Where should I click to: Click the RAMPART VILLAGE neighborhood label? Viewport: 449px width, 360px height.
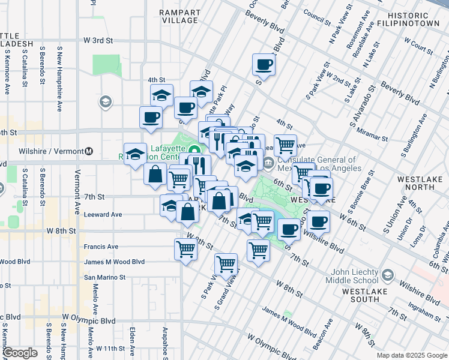180,16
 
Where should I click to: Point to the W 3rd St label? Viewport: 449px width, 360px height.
98,41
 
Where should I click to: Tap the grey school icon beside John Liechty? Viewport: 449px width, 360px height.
387,275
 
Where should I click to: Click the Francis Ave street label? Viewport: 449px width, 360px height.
101,247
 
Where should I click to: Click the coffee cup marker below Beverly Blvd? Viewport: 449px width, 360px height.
264,64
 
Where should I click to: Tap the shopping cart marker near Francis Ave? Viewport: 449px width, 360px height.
186,249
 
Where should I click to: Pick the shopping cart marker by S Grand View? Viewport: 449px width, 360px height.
226,263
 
